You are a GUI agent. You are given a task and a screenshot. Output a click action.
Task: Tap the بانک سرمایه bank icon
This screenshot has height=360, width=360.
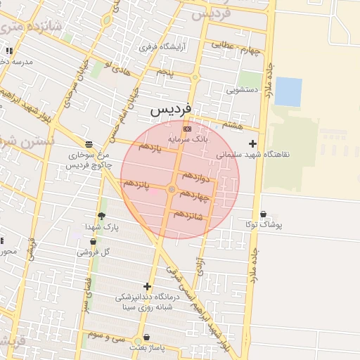click(x=186, y=129)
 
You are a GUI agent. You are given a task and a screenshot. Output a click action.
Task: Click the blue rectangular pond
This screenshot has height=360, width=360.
click(x=288, y=91)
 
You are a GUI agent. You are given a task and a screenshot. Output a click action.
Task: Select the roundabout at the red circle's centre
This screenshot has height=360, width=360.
click(x=172, y=189)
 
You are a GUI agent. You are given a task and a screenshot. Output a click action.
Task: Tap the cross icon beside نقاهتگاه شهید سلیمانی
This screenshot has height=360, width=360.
click(x=253, y=143)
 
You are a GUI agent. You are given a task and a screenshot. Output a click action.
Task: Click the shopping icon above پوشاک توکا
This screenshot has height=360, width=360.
click(x=264, y=214)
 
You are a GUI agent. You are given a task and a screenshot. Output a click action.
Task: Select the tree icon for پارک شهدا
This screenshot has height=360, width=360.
click(x=102, y=216)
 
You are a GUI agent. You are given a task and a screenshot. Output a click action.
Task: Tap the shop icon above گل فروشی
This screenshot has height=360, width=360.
click(x=93, y=242)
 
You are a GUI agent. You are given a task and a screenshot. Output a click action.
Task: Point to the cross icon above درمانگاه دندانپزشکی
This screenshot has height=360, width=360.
click(x=147, y=286)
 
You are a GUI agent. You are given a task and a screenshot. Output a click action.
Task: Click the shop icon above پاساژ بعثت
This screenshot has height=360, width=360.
click(x=146, y=337)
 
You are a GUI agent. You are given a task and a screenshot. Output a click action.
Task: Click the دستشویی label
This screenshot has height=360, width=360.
click(x=243, y=90)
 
